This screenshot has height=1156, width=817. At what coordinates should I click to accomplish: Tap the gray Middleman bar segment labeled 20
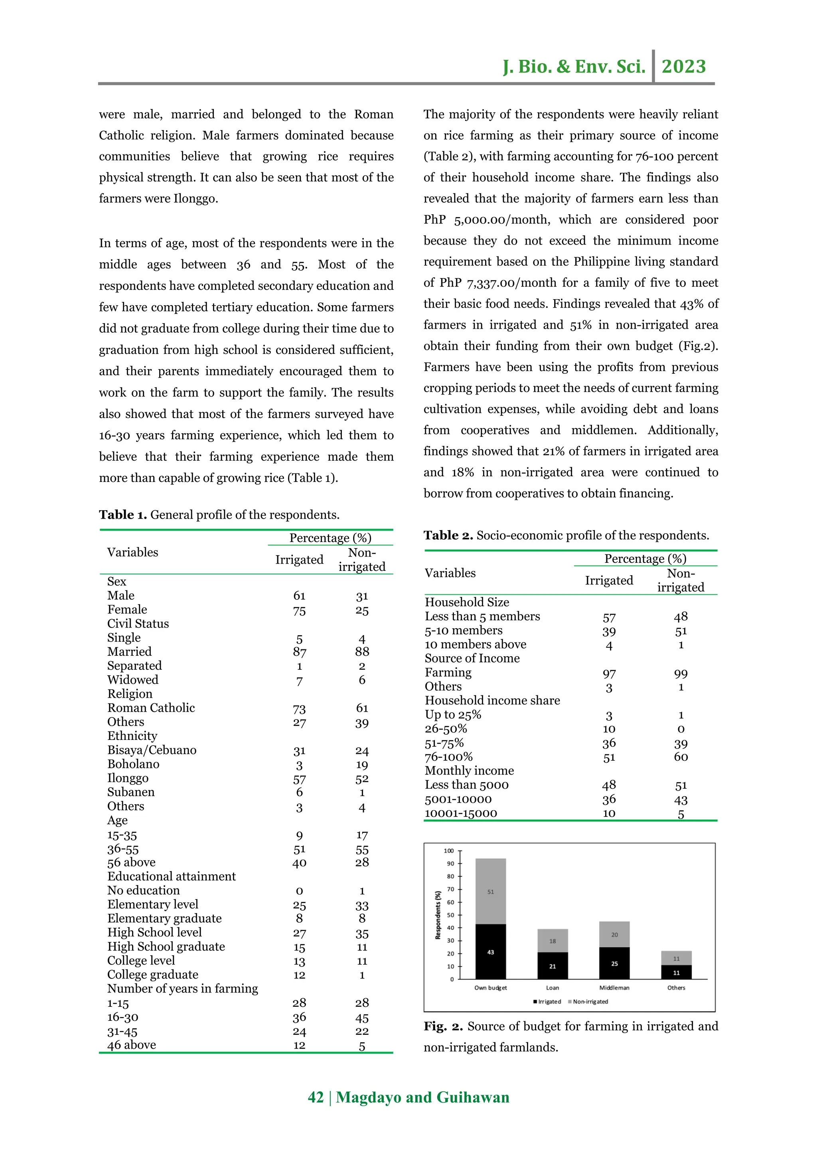point(614,935)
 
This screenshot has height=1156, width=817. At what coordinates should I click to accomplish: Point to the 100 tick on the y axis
point(448,851)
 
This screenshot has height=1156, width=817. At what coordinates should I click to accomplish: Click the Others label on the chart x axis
point(676,988)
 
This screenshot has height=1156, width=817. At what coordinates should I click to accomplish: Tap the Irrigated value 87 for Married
point(300,652)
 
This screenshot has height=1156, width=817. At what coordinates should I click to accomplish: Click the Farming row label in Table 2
point(448,673)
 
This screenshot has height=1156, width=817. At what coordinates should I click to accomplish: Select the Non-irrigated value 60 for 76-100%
point(681,757)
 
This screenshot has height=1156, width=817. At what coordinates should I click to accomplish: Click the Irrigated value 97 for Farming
point(609,674)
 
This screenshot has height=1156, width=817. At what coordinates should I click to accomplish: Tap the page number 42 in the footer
point(316,1098)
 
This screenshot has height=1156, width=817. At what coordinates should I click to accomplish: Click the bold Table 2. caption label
point(448,535)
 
